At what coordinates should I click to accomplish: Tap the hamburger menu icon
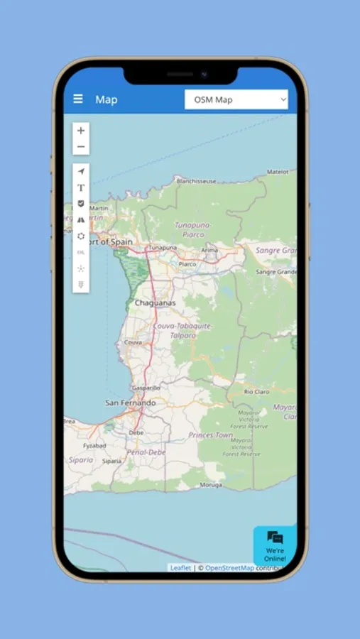coord(78,99)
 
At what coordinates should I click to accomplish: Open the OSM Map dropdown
coord(236,100)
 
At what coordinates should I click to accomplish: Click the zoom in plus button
coord(81,131)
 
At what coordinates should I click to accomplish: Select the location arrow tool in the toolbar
coord(81,171)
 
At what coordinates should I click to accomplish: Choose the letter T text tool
coord(81,187)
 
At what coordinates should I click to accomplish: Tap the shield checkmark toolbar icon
coord(81,204)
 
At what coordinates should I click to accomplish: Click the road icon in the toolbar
coord(81,220)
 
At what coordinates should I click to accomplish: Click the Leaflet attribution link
coord(180,568)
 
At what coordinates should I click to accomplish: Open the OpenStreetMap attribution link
coord(229,568)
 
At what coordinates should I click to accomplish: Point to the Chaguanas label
coord(155,303)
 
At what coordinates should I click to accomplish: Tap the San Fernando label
coord(130,403)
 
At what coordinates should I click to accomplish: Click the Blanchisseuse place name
coord(196,181)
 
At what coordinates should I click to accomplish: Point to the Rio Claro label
coord(258,392)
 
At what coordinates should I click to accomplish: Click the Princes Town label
coord(210,435)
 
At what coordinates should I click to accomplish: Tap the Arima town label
coord(209,250)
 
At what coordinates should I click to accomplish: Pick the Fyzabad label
coord(94,446)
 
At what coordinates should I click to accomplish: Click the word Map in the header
coord(107,100)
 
